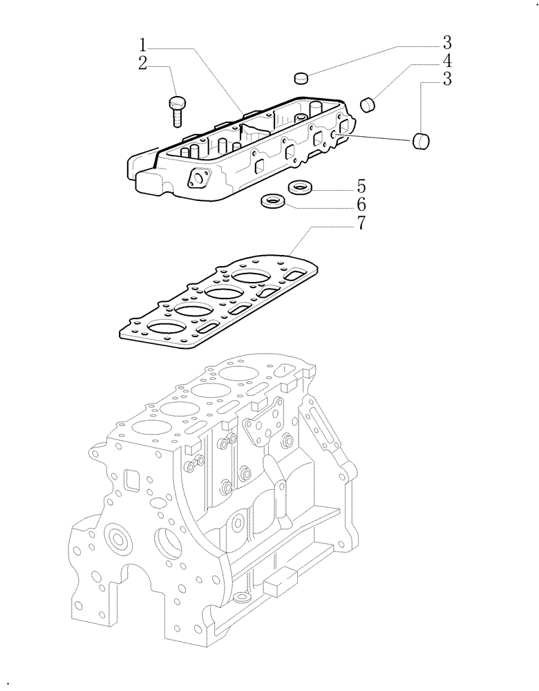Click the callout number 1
point(142,46)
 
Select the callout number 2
point(142,64)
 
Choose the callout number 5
point(361,187)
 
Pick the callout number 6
point(361,205)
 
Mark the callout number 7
point(361,224)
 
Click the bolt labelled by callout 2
point(177,110)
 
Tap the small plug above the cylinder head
point(300,77)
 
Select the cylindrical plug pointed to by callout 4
point(369,104)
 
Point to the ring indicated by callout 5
point(299,186)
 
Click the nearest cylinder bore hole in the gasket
point(167,328)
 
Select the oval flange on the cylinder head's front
point(199,178)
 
